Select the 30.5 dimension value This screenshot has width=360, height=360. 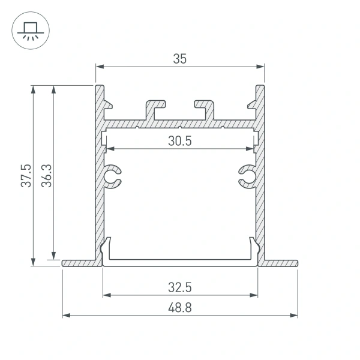[180, 141]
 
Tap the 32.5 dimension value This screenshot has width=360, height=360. [180, 287]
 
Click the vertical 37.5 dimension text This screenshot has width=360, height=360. [25, 175]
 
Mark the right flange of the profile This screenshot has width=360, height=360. [281, 263]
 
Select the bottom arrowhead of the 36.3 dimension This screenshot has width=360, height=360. [55, 254]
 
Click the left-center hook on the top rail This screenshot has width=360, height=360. [155, 108]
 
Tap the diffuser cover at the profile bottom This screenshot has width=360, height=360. [180, 262]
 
